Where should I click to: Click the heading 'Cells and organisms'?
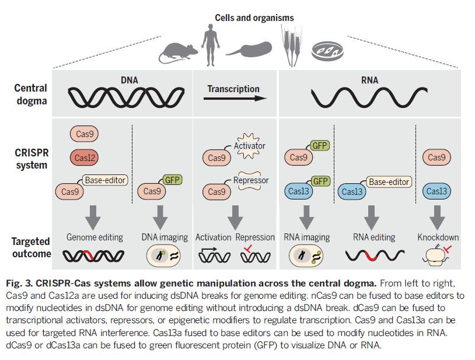click(254, 18)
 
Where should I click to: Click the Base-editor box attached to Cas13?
click(389, 182)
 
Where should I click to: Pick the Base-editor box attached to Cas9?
click(106, 180)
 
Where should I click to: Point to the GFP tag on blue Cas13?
click(320, 181)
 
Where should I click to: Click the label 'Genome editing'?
click(95, 237)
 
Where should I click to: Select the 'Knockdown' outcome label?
click(438, 237)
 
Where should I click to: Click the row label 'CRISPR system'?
click(31, 159)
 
